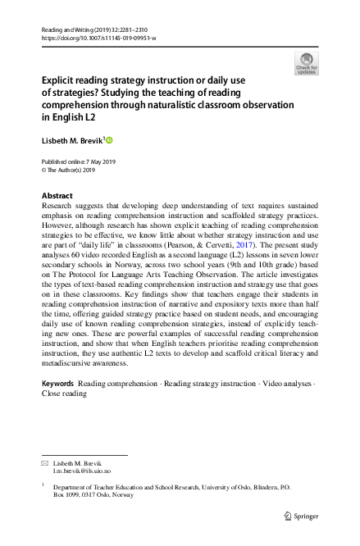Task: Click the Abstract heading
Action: tap(57, 196)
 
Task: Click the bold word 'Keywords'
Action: tap(57, 384)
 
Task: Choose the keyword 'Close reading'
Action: tap(64, 394)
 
